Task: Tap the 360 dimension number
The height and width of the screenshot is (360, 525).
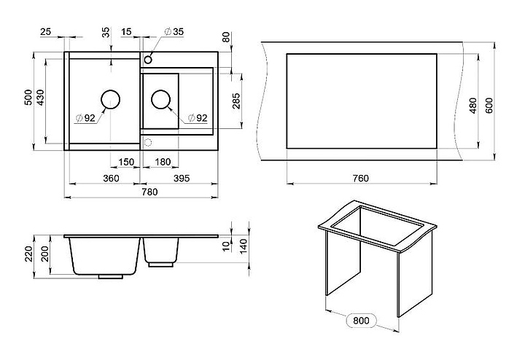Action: point(111,179)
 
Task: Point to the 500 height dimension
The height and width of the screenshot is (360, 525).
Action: point(28,98)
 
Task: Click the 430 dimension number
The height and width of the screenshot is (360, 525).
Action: point(41,98)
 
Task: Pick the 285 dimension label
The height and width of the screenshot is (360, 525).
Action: point(236,101)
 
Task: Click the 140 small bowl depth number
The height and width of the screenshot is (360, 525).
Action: point(245,246)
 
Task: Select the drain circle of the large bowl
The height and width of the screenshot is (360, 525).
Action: point(111,100)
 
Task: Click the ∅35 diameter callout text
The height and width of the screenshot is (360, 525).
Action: point(174,32)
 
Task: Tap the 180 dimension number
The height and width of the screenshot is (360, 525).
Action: point(163,162)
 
